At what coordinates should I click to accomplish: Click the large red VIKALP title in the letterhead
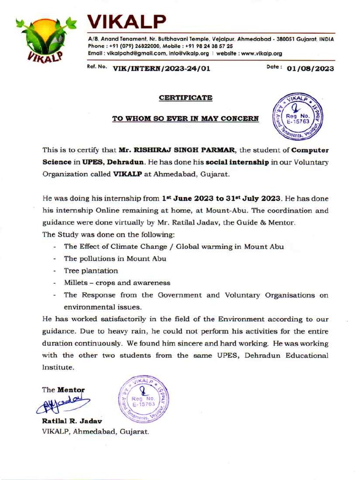127,21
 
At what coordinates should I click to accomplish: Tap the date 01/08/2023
310,69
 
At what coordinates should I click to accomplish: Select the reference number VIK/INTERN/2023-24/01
161,69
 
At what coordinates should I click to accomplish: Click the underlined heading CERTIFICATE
186,98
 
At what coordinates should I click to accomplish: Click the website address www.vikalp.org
261,53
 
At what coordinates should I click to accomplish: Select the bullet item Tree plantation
91,271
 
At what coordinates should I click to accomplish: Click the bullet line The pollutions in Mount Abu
115,259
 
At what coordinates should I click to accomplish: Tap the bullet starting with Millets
117,283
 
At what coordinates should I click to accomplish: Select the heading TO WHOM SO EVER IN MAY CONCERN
185,119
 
